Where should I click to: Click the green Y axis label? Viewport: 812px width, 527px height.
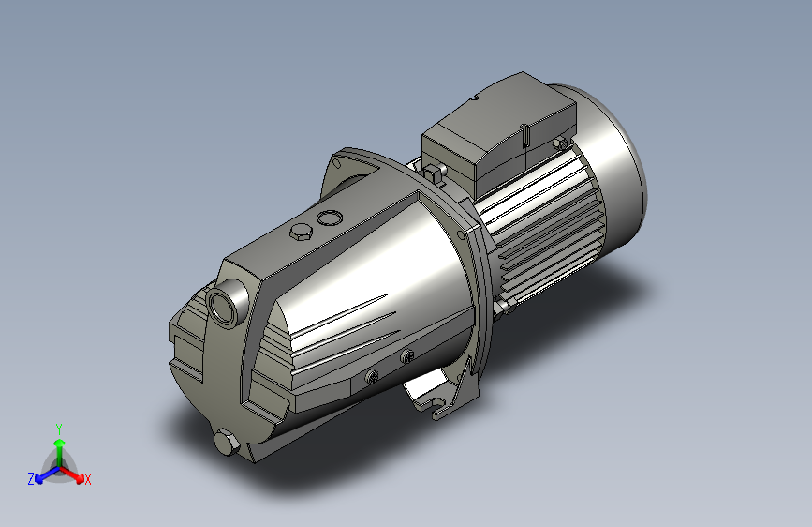coord(59,429)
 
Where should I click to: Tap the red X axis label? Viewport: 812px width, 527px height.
coord(87,479)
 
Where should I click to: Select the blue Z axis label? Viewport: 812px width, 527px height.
coord(31,479)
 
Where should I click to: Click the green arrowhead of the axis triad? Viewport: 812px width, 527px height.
coord(60,443)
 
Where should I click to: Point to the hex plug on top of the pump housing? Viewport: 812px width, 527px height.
coord(301,232)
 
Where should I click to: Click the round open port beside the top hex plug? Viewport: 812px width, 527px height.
coord(330,218)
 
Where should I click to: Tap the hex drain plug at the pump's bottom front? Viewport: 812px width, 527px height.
coord(227,443)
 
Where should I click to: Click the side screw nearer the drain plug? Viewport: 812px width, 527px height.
coord(371,376)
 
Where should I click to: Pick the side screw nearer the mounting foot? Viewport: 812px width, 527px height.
coord(407,355)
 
